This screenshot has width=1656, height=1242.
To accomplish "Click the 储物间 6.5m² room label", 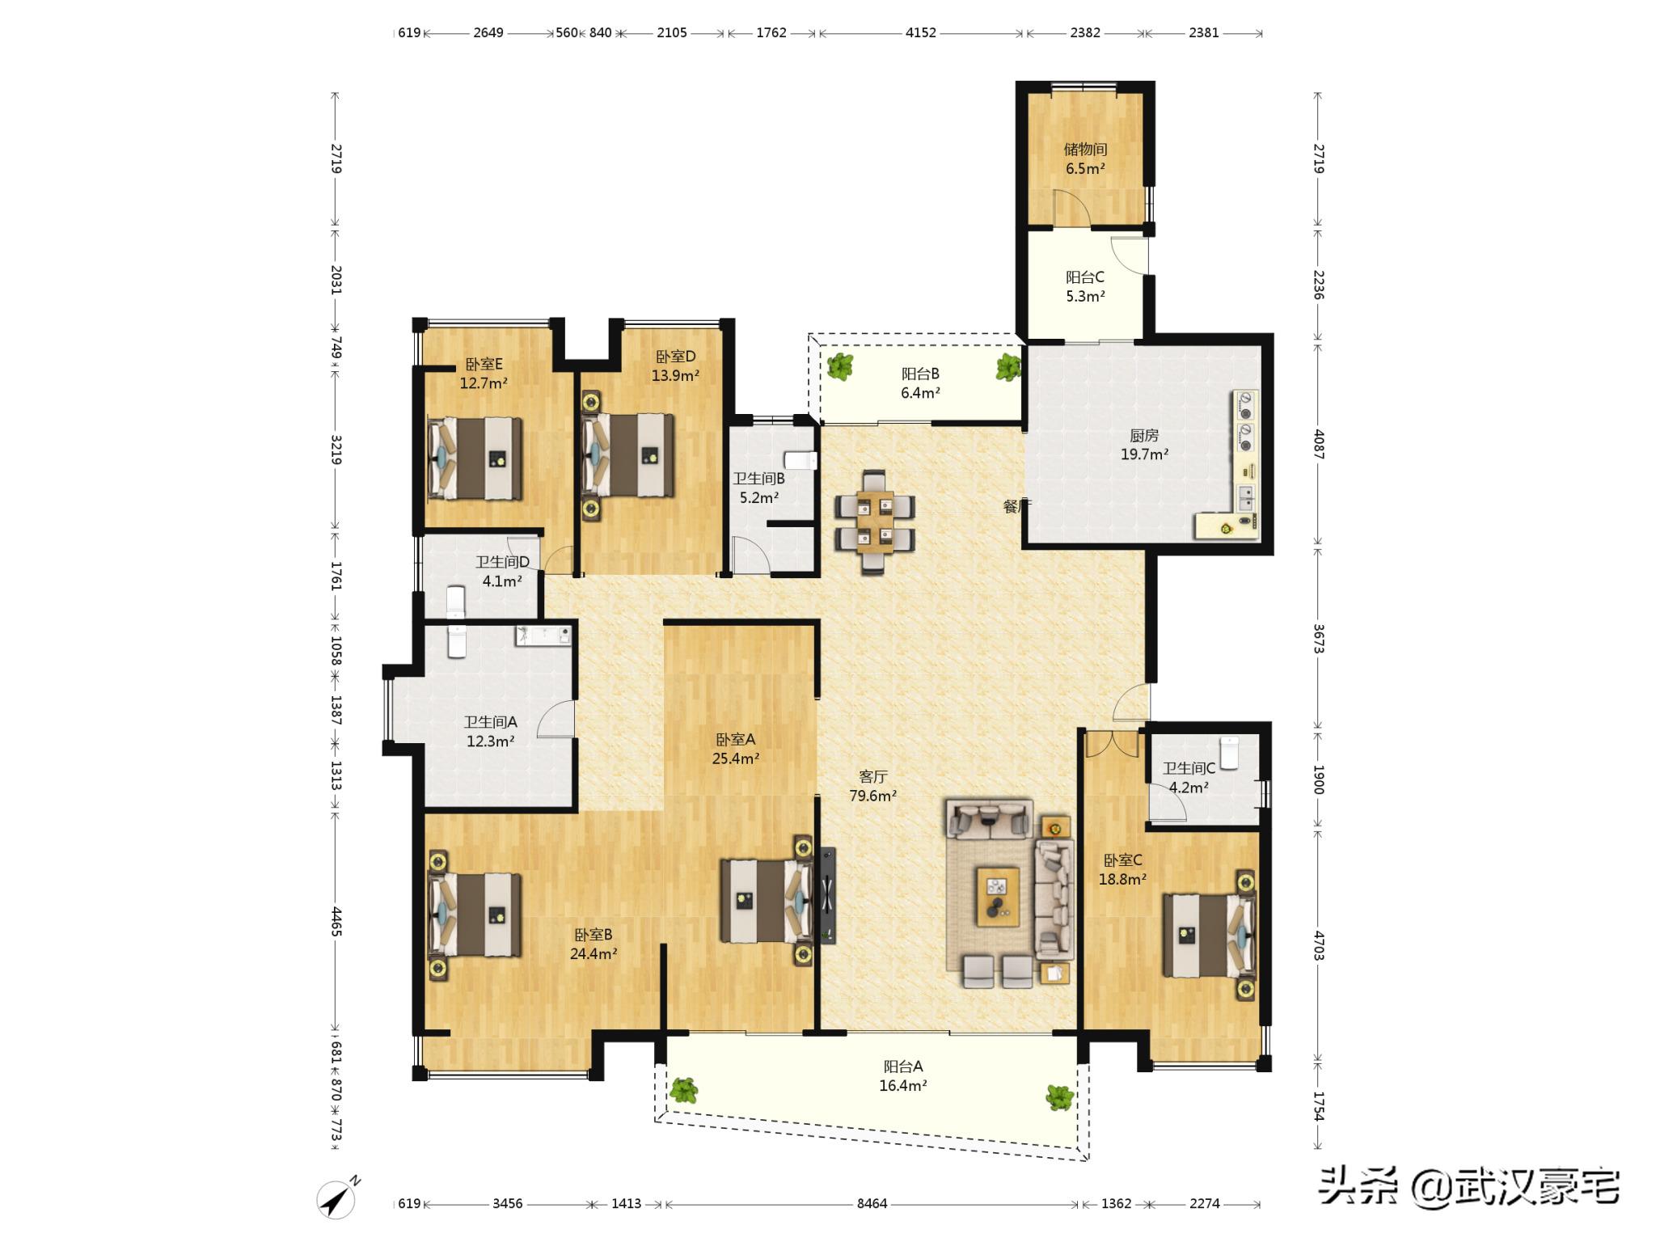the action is pyautogui.click(x=1085, y=158).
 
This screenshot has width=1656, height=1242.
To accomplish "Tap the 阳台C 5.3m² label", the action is pyautogui.click(x=1085, y=286).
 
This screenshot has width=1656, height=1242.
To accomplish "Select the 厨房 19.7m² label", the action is pyautogui.click(x=1144, y=445).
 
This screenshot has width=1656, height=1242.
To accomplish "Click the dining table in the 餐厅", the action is pyautogui.click(x=875, y=522).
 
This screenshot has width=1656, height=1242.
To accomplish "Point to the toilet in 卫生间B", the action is pyautogui.click(x=801, y=461).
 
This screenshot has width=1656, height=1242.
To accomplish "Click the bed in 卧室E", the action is pyautogui.click(x=475, y=458).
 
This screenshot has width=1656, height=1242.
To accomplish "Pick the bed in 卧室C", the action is pyautogui.click(x=1209, y=935).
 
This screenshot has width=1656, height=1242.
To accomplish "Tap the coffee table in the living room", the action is pyautogui.click(x=997, y=896).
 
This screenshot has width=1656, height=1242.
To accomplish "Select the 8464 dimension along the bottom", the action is pyautogui.click(x=872, y=1203).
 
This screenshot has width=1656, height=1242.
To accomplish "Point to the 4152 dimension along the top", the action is pyautogui.click(x=920, y=32).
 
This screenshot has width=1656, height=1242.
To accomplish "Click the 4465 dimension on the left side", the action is pyautogui.click(x=336, y=922).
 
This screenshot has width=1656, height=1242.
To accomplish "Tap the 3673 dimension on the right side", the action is pyautogui.click(x=1318, y=639).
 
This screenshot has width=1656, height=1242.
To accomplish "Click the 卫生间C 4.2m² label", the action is pyautogui.click(x=1189, y=777).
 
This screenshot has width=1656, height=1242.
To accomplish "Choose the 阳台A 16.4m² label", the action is pyautogui.click(x=902, y=1075).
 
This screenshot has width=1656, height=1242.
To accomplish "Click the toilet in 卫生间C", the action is pyautogui.click(x=1229, y=752).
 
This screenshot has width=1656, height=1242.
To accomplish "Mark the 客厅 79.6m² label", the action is pyautogui.click(x=872, y=786).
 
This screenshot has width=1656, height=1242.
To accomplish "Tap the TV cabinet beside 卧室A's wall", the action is pyautogui.click(x=827, y=895).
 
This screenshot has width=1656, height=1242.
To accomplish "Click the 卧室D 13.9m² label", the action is pyautogui.click(x=675, y=365).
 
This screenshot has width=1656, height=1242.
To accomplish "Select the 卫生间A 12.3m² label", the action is pyautogui.click(x=490, y=732).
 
